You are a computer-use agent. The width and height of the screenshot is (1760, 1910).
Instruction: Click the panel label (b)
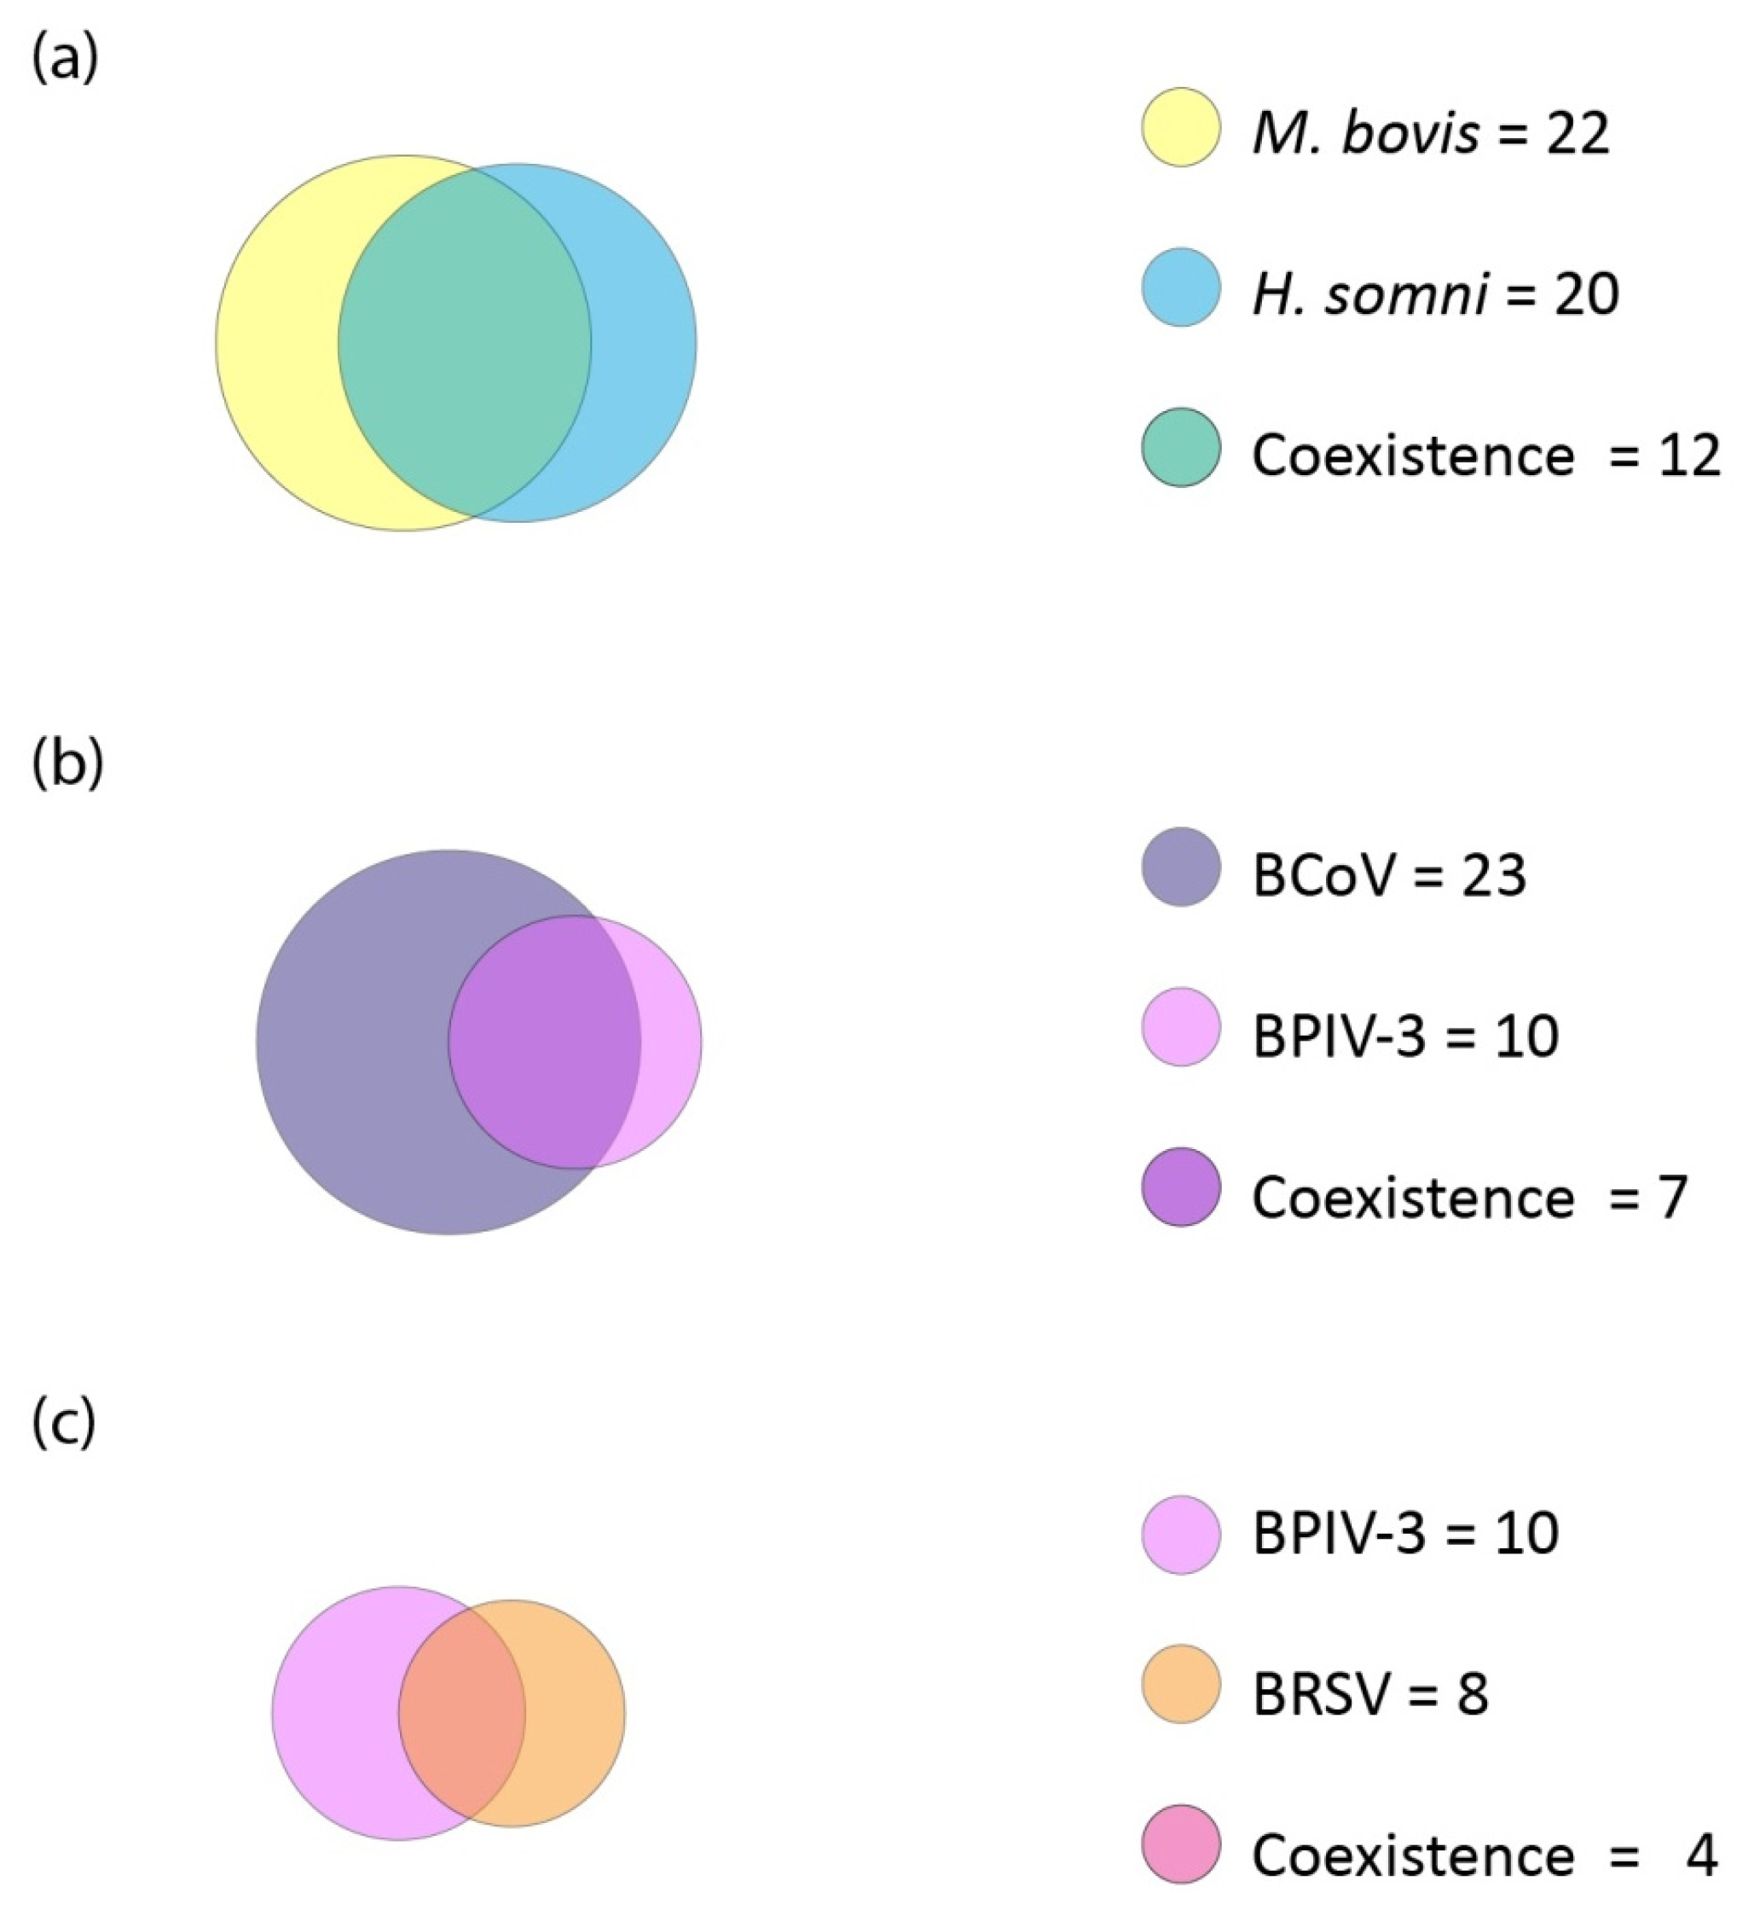67,765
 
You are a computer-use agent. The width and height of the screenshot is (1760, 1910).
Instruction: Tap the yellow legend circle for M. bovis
1181,128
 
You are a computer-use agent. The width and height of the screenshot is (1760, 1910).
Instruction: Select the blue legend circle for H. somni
1181,287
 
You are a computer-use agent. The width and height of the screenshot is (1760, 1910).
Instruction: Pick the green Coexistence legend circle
1181,448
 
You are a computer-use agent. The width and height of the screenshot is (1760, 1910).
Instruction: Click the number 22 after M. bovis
1576,133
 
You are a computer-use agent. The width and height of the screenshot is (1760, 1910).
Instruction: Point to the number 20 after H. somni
1586,293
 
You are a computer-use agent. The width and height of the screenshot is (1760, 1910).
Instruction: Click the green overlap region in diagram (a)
465,343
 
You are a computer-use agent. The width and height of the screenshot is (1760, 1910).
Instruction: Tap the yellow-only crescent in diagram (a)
276,343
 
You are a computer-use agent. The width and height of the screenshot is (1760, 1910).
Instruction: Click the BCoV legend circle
1181,867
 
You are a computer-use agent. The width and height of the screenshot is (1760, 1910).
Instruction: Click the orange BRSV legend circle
1181,1683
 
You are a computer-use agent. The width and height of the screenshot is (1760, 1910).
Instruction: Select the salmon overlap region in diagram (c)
462,1713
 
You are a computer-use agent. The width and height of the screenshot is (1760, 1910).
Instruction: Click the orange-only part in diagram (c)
576,1713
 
